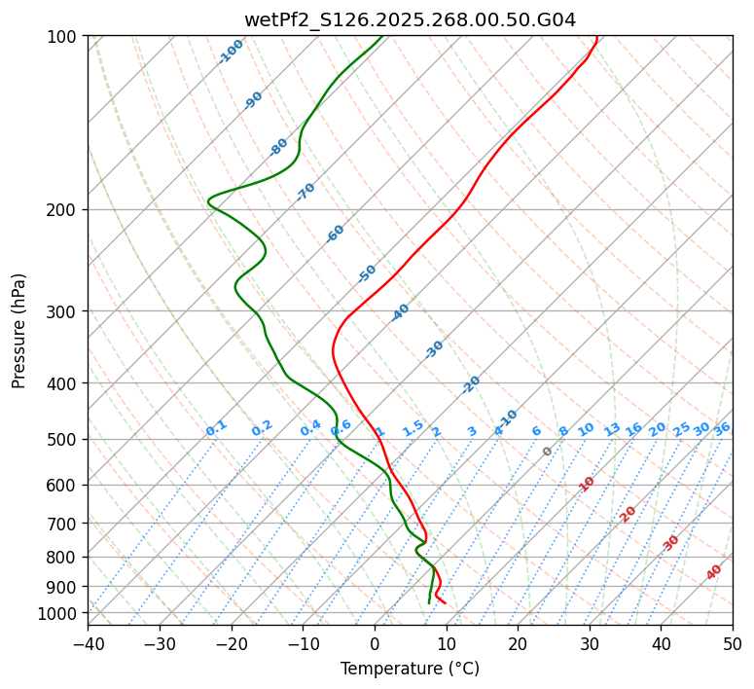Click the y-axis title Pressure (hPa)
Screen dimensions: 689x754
tap(18, 330)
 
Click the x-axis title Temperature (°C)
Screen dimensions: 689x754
tap(410, 670)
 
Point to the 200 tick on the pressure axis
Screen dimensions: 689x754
tap(65, 209)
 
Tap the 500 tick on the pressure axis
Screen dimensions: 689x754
tap(65, 439)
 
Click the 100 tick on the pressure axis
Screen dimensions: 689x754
tap(65, 36)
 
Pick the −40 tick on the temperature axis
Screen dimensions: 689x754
tap(88, 643)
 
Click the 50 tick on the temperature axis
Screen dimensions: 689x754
tap(733, 643)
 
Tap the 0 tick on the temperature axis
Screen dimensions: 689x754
tap(375, 643)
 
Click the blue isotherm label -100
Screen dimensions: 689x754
tap(231, 52)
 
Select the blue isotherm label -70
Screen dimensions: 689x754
tap(305, 192)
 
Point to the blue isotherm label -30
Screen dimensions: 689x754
tap(434, 349)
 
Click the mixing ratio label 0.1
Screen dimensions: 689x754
tap(216, 428)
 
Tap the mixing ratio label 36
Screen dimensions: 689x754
tap(722, 428)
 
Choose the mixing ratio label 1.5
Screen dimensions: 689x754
tap(413, 428)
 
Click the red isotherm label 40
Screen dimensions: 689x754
tap(714, 572)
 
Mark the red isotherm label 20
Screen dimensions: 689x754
tap(628, 513)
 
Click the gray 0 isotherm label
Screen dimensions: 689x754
tap(547, 452)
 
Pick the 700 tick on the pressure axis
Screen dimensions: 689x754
tap(65, 524)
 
